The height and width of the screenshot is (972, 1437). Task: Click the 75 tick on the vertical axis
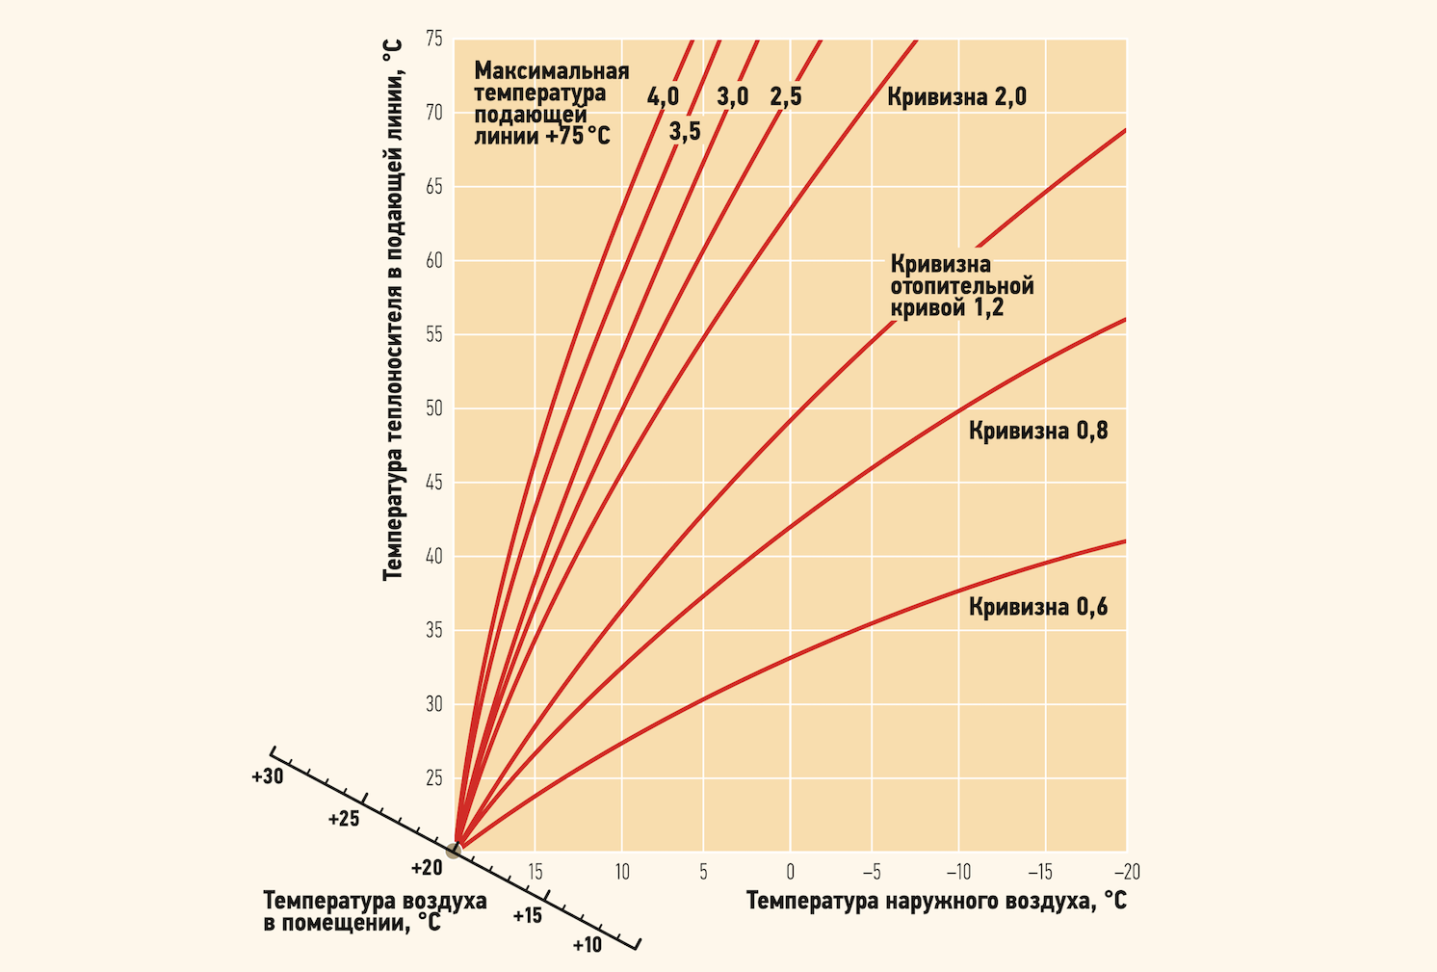pos(434,39)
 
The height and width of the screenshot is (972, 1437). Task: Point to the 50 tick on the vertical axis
pos(434,408)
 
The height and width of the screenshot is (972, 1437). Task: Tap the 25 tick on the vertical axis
pos(434,778)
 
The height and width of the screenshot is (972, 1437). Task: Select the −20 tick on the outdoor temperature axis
pos(1127,872)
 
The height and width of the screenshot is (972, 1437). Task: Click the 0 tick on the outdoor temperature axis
pos(790,872)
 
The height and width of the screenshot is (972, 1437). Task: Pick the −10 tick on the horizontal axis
pos(958,872)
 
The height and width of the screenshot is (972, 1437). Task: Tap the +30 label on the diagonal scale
pos(267,776)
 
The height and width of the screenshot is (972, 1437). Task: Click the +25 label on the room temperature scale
pos(343,819)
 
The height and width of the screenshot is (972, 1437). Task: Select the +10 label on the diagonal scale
pos(587,945)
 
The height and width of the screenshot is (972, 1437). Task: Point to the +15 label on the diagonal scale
pos(527,915)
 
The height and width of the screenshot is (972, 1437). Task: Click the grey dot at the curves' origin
pos(453,850)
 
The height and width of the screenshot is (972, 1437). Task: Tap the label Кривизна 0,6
pos(1038,607)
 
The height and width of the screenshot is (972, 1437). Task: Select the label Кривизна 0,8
pos(1038,431)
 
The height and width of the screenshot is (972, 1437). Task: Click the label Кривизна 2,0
pos(956,97)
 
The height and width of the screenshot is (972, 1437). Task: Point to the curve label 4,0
pos(663,97)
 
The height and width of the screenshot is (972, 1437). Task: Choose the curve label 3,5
pos(685,132)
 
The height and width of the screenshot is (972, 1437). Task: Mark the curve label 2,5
pos(785,97)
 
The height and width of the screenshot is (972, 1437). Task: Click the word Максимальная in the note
pos(551,71)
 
